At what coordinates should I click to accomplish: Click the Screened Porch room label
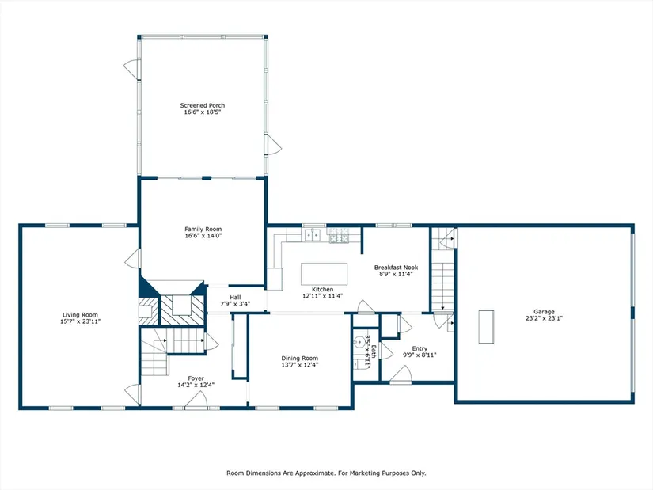(x=203, y=105)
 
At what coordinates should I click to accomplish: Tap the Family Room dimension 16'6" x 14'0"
(x=203, y=236)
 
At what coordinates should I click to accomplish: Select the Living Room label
(x=81, y=315)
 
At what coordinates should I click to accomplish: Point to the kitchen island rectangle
(x=324, y=274)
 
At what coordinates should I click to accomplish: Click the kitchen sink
(x=313, y=235)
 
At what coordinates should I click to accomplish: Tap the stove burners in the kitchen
(x=339, y=235)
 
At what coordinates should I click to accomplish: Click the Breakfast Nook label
(x=396, y=268)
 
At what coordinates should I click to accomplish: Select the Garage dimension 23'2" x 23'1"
(x=545, y=318)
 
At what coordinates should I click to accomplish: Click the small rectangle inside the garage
(x=486, y=327)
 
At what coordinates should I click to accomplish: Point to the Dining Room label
(x=299, y=359)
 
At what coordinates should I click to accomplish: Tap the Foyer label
(x=196, y=378)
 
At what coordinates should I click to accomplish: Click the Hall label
(x=235, y=298)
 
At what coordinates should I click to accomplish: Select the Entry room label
(x=420, y=349)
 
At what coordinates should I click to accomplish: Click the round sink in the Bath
(x=359, y=343)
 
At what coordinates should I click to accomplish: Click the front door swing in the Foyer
(x=196, y=401)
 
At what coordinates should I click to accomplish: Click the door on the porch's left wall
(x=132, y=69)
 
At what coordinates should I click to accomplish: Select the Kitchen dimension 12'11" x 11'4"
(x=323, y=296)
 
